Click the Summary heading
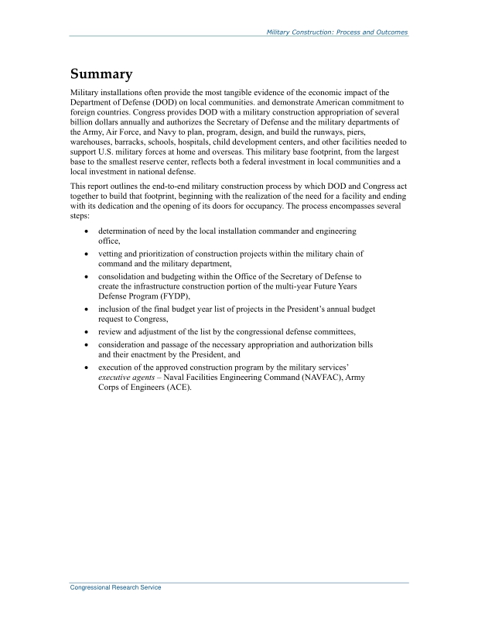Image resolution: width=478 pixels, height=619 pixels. tap(101, 74)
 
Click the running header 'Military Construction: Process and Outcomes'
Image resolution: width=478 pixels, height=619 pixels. tap(336, 32)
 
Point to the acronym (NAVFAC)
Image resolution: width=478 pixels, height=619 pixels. tap(308, 378)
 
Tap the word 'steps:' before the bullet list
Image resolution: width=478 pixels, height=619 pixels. tap(80, 217)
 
